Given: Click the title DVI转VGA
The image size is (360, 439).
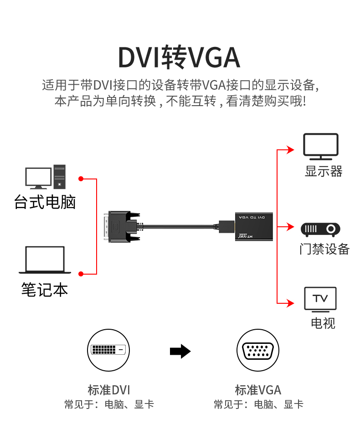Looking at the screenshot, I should tap(179, 58).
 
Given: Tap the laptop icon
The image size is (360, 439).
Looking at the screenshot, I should tap(45, 260).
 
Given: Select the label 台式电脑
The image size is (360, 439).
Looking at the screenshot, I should tap(45, 202).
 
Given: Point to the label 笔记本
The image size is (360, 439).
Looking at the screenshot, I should tap(45, 290).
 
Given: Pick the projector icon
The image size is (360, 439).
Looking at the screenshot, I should tap(320, 229).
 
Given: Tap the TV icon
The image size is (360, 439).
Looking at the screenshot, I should tap(320, 299).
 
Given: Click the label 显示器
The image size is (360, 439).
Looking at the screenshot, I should tap(323, 172).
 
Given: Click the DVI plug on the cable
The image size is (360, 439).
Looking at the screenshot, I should tap(121, 226).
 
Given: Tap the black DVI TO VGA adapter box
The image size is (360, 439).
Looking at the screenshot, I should tap(254, 226).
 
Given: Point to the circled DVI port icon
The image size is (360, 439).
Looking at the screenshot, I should tap(108, 350).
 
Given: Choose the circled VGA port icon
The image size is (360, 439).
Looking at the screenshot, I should tap(257, 350).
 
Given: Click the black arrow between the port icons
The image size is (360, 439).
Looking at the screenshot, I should tap(180, 351).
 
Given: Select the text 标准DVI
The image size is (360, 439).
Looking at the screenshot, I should tap(109, 390).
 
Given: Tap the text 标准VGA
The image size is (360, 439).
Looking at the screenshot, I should tap(258, 390).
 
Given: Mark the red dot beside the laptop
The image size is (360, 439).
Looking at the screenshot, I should tap(81, 274).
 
